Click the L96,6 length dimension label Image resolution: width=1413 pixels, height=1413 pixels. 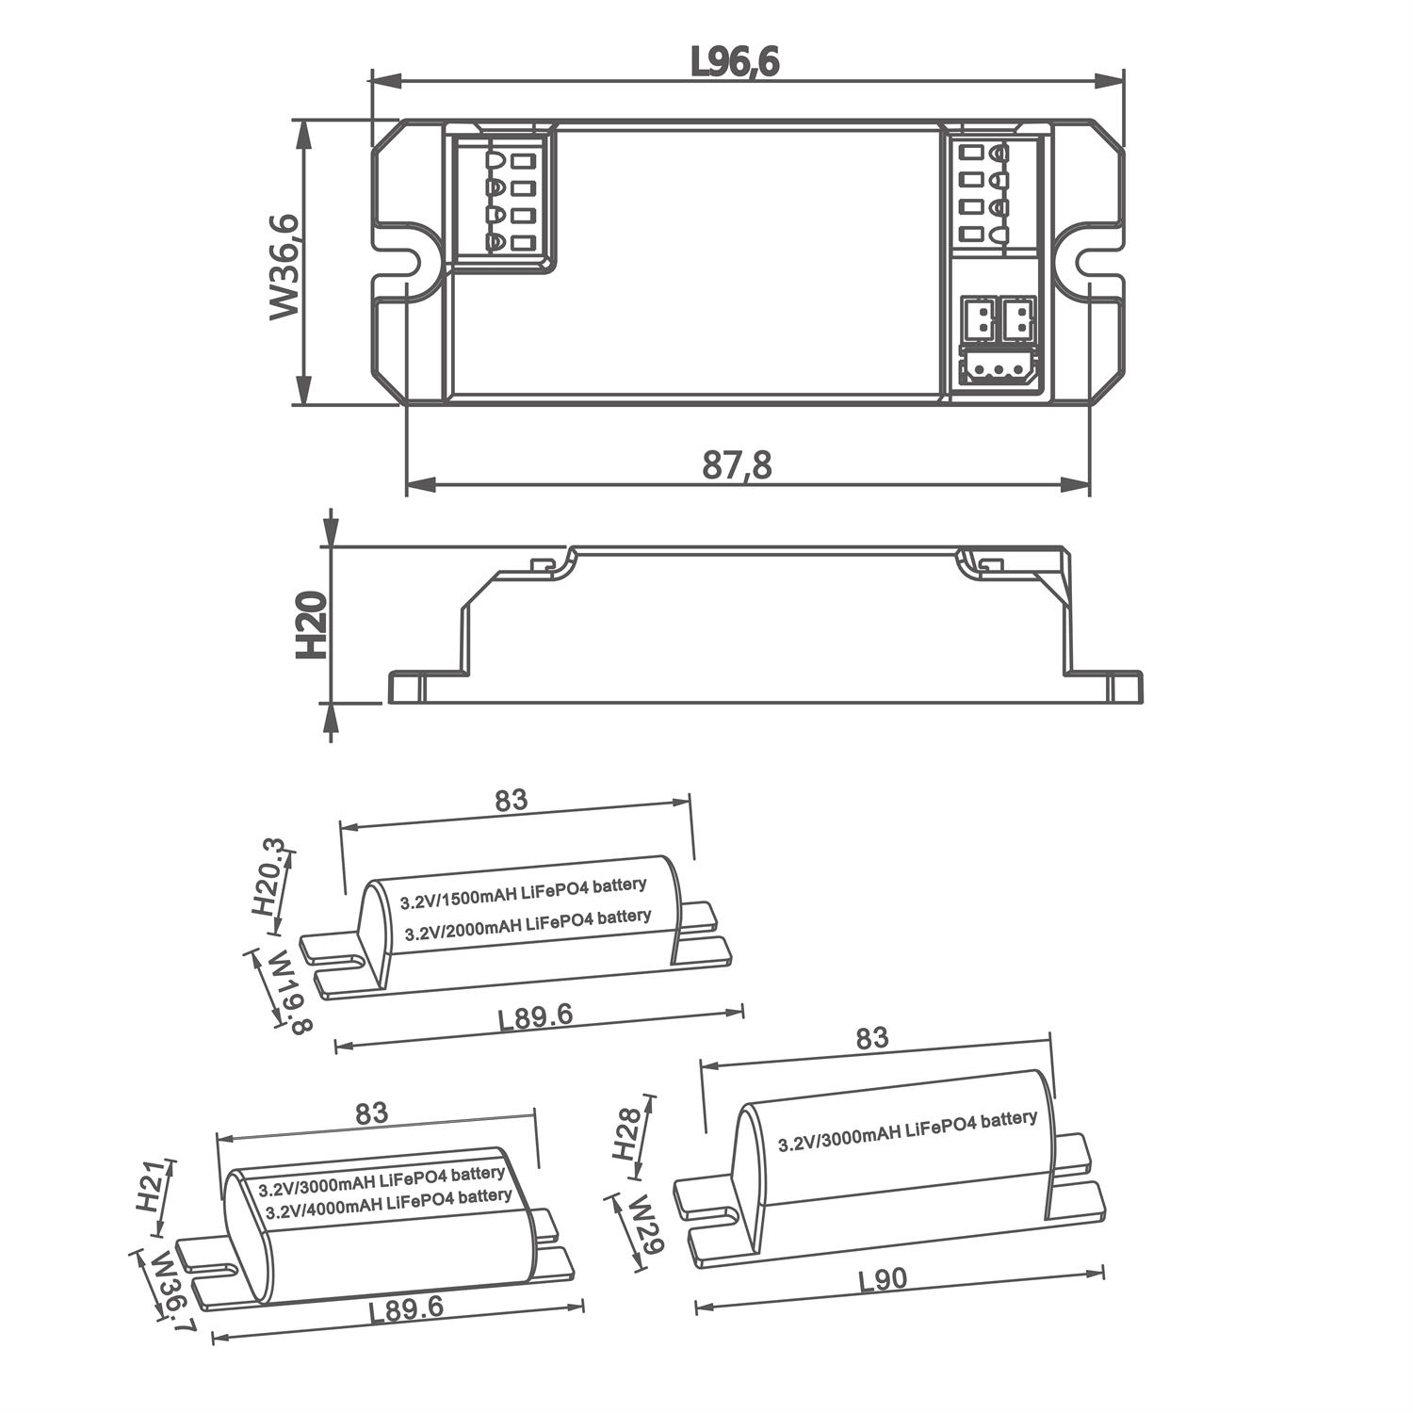click(735, 62)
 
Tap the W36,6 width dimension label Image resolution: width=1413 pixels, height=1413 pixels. click(284, 267)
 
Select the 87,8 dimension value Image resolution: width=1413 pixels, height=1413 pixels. click(737, 464)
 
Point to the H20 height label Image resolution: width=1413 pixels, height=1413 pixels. click(311, 624)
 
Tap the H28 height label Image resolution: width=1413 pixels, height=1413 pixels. click(627, 1132)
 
